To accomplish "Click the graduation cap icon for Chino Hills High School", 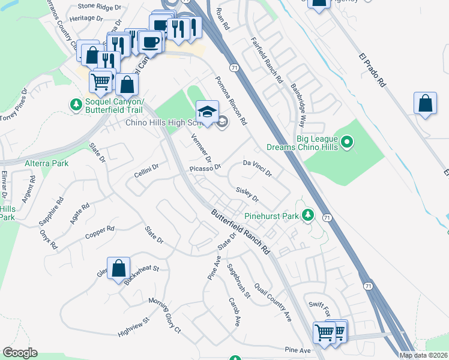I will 207,112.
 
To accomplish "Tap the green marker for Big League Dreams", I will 347,142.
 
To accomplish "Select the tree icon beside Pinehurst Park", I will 308,214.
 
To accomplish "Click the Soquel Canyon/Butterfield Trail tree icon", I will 76,106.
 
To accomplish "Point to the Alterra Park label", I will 46,163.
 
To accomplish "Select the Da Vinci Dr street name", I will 258,167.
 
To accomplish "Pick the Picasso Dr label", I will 206,169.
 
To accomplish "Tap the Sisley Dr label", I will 247,194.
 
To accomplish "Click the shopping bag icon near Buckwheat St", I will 119,268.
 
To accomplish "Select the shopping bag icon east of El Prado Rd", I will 425,103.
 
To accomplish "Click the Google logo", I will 20,353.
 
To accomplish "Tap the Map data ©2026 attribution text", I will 423,355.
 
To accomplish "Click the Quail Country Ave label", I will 272,302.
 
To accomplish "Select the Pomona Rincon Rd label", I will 231,100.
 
